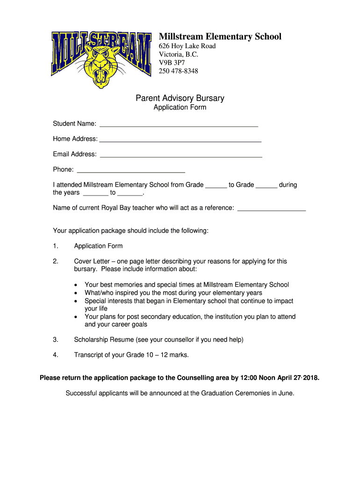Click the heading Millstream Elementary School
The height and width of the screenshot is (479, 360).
point(220,36)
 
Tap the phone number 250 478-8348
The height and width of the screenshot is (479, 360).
point(178,71)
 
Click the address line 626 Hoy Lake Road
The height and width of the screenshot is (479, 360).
point(187,46)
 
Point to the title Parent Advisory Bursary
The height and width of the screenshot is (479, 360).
point(180,98)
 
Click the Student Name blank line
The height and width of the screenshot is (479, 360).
point(179,125)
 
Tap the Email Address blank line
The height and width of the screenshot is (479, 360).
point(181,156)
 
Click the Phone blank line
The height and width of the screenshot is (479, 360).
point(131,171)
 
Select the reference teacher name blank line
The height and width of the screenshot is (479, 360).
point(272,210)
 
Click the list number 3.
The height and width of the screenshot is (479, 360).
point(55,340)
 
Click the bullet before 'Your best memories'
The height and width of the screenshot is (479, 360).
point(76,285)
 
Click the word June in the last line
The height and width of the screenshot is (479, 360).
point(285,393)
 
